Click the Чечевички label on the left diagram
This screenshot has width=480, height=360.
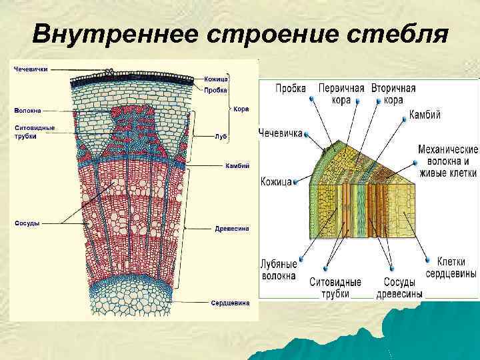[x=31, y=69]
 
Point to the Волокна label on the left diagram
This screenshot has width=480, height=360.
[x=26, y=110]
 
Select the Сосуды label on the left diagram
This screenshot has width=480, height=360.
[x=26, y=223]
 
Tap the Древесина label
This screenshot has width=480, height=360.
[x=232, y=228]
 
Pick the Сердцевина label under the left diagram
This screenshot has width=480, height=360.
[x=230, y=303]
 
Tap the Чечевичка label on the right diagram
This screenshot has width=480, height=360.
[x=281, y=132]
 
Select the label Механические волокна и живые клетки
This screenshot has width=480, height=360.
[x=447, y=161]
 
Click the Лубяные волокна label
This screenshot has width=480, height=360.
[x=279, y=269]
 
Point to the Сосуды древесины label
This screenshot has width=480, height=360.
[x=399, y=288]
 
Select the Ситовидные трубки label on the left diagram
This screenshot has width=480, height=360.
[x=35, y=131]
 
